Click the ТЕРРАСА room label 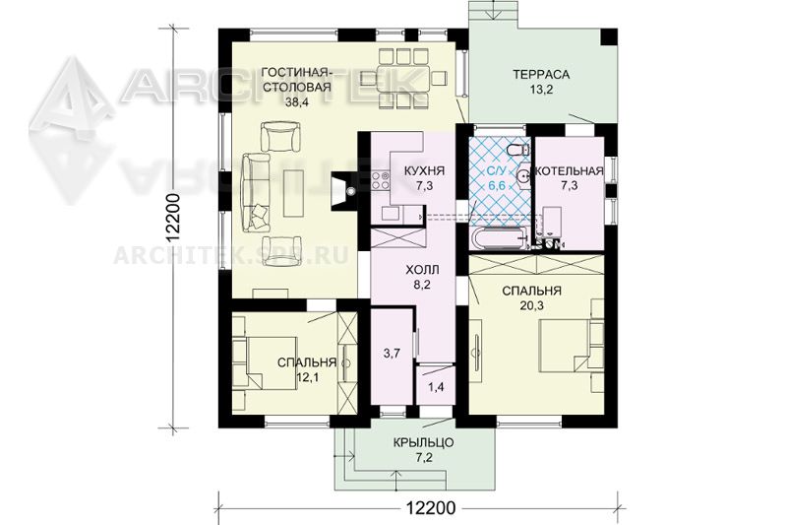tap(541, 74)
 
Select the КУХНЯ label tap(424, 170)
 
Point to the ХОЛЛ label tap(422, 270)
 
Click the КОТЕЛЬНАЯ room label tap(570, 171)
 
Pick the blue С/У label tap(497, 171)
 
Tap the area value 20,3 tap(532, 305)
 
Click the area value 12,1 tap(306, 377)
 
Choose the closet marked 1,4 tap(435, 386)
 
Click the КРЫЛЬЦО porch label tap(424, 443)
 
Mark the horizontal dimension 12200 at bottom tap(431, 508)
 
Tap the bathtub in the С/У tap(499, 239)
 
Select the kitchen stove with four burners tap(382, 181)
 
